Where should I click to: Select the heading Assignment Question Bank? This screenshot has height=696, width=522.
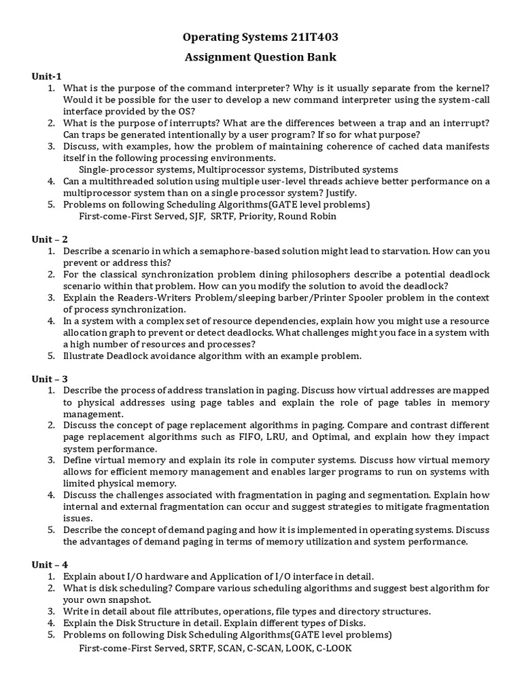point(261,57)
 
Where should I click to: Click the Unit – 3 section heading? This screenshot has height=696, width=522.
point(49,379)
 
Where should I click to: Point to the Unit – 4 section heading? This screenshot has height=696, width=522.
point(49,564)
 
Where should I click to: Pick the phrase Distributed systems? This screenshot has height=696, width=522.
point(357,169)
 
